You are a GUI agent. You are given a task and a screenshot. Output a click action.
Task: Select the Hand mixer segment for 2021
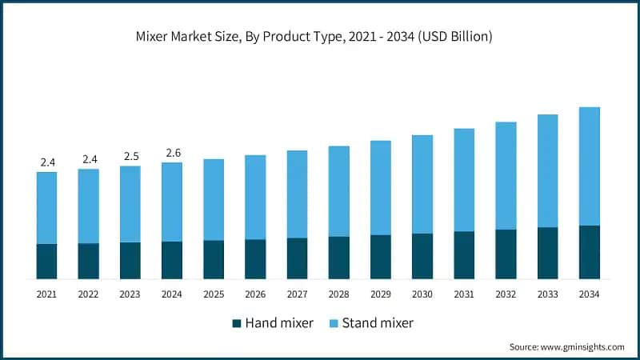coord(46,261)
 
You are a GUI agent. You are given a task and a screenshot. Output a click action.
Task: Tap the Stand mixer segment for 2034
coord(590,166)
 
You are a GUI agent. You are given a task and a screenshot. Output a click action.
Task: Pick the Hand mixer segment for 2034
coord(590,252)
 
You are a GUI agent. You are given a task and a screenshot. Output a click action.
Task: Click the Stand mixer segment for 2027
coord(297,194)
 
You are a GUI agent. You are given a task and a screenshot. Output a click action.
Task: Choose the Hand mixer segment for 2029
coord(381,257)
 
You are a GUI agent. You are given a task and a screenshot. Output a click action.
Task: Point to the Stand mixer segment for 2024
coord(172,202)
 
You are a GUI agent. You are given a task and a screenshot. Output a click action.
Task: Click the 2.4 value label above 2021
coord(47,162)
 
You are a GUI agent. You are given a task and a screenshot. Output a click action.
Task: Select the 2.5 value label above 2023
coord(130,156)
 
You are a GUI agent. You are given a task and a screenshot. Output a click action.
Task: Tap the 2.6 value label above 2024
coord(172,153)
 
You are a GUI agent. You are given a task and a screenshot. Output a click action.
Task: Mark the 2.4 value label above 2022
coord(89,159)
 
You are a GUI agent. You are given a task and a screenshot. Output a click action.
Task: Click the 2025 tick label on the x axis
coord(214,294)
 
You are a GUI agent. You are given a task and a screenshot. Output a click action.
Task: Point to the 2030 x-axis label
coord(422,294)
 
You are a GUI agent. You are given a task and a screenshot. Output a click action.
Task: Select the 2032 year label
coord(506,294)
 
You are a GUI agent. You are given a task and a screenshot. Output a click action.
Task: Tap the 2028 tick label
coord(339,294)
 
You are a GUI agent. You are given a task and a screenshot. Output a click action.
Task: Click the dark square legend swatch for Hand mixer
coord(237,323)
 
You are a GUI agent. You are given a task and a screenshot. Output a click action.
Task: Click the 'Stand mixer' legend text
coord(378,323)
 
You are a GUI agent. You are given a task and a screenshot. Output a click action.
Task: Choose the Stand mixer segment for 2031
coord(464,180)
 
